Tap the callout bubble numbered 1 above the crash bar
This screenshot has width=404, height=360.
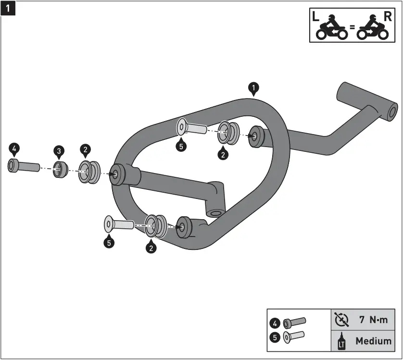pyautogui.click(x=253, y=88)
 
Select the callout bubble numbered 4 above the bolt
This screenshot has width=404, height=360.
pyautogui.click(x=14, y=149)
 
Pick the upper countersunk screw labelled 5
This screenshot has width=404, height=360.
pyautogui.click(x=191, y=128)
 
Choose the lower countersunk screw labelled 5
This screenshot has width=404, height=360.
pyautogui.click(x=118, y=224)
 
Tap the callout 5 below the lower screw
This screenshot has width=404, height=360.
pyautogui.click(x=110, y=243)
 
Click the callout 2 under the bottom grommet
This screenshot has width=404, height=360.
pyautogui.click(x=152, y=248)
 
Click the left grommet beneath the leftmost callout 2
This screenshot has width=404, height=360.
pyautogui.click(x=88, y=172)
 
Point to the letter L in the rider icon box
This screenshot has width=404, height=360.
pyautogui.click(x=316, y=16)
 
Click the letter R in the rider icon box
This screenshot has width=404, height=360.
pyautogui.click(x=388, y=16)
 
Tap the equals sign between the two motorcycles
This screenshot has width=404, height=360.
pyautogui.click(x=352, y=28)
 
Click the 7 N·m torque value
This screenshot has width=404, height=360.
pyautogui.click(x=373, y=319)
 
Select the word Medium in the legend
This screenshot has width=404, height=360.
pyautogui.click(x=373, y=341)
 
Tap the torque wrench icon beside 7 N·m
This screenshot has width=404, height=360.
pyautogui.click(x=342, y=319)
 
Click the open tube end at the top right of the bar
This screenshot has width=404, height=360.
pyautogui.click(x=392, y=112)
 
